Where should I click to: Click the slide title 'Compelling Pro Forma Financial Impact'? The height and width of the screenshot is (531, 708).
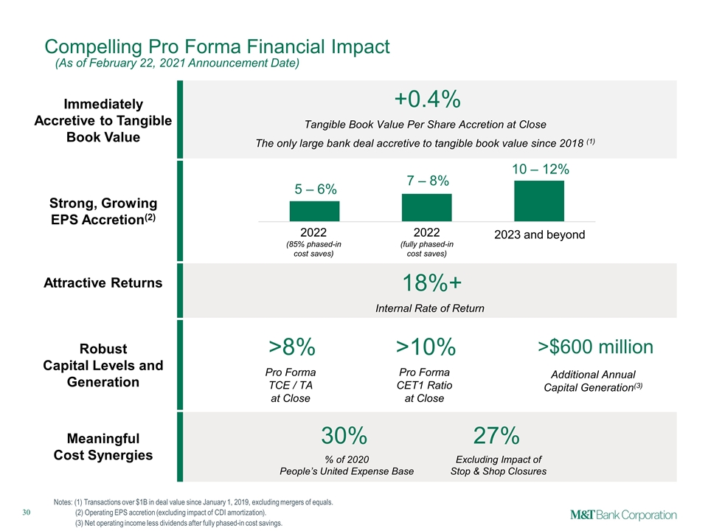click(x=217, y=46)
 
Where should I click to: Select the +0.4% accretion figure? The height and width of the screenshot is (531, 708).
click(x=427, y=99)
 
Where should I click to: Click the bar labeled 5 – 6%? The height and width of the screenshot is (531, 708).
click(x=314, y=212)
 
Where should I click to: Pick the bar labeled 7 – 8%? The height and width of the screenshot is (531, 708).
click(x=427, y=208)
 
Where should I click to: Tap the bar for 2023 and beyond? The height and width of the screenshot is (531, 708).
click(x=539, y=201)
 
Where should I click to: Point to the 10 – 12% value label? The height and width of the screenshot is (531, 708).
click(x=540, y=170)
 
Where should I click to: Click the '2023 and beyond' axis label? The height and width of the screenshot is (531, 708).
click(x=540, y=235)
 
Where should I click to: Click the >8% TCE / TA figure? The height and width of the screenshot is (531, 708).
click(x=292, y=347)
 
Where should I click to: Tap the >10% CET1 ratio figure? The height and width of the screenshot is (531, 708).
click(x=426, y=347)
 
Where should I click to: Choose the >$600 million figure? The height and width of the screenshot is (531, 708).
click(x=595, y=347)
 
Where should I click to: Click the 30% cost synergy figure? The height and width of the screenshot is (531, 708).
click(x=344, y=436)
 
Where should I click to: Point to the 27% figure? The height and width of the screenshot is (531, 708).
click(x=496, y=436)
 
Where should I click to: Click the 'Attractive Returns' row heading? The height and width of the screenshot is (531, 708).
click(x=103, y=282)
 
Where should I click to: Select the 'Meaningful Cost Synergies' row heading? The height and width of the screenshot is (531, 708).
click(x=103, y=447)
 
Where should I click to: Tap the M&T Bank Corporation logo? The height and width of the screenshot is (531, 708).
click(x=623, y=516)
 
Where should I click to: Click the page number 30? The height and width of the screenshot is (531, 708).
click(x=27, y=512)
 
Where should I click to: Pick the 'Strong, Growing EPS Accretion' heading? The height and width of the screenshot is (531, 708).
click(x=103, y=211)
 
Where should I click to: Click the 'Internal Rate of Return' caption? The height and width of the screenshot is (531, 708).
click(x=430, y=308)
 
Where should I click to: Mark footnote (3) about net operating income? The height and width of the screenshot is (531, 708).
click(x=178, y=524)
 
